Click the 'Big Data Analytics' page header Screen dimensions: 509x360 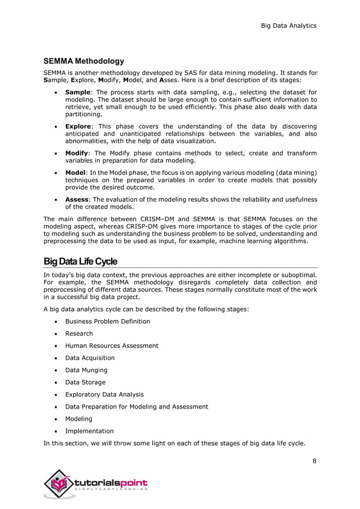pos(288,25)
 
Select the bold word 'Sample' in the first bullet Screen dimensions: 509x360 pos(78,92)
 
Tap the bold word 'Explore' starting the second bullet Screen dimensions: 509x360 pos(78,126)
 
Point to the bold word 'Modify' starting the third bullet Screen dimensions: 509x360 pos(77,153)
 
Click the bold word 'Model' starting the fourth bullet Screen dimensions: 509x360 pos(76,172)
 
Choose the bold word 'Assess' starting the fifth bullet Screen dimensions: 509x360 pos(77,199)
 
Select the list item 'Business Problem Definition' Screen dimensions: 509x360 pos(107,321)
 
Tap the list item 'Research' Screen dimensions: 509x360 pos(79,334)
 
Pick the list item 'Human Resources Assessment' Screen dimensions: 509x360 pos(112,345)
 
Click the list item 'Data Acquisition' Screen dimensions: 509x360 pos(90,358)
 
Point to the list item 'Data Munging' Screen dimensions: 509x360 pos(86,370)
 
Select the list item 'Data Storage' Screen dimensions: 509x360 pos(85,382)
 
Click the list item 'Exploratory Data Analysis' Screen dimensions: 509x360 pos(104,394)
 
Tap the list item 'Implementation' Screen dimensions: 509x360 pos(89,431)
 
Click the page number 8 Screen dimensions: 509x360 pos(314,461)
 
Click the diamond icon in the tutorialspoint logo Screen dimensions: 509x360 pos(60,484)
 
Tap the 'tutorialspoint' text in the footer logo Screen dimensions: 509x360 pos(111,483)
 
